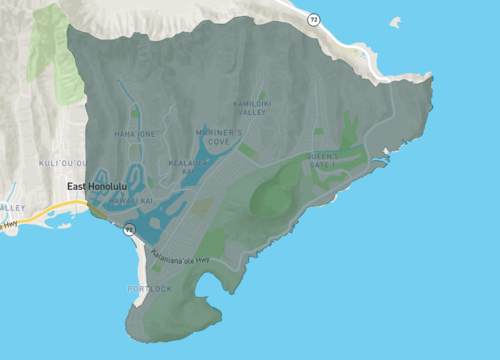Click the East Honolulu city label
(98, 187)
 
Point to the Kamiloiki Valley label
(252, 107)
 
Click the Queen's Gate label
(322, 159)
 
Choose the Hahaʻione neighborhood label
(135, 134)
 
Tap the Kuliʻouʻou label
(58, 161)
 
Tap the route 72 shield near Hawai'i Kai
(129, 230)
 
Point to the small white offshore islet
(396, 22)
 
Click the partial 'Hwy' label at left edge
(9, 226)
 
